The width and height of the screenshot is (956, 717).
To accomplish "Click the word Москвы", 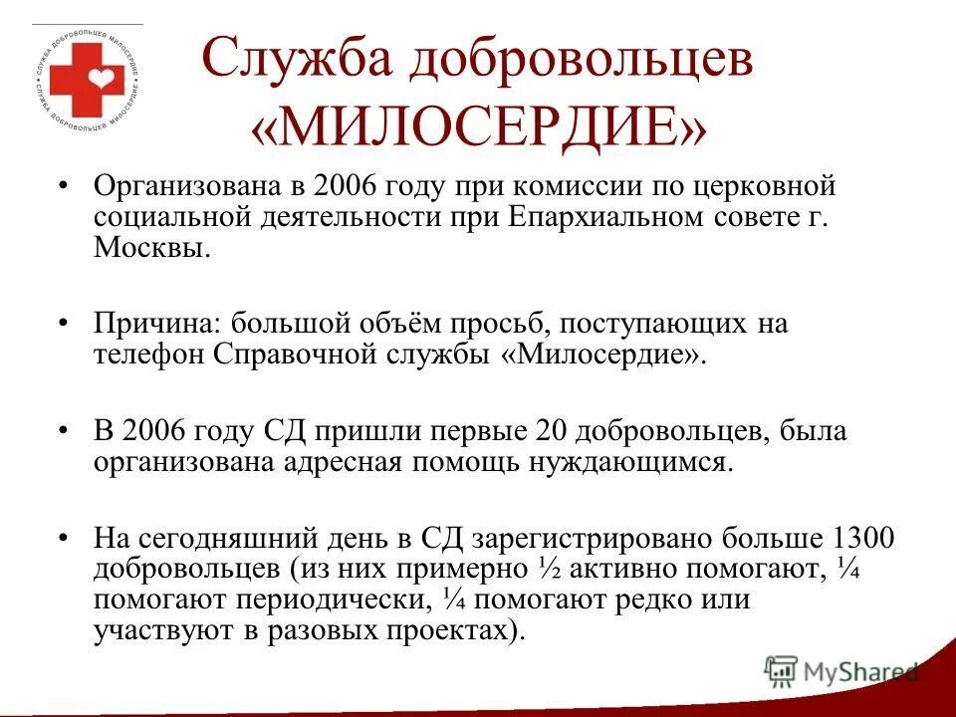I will click(x=151, y=248).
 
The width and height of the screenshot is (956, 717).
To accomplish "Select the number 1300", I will click(x=862, y=539).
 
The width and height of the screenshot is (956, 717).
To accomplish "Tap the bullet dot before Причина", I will click(x=63, y=324).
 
